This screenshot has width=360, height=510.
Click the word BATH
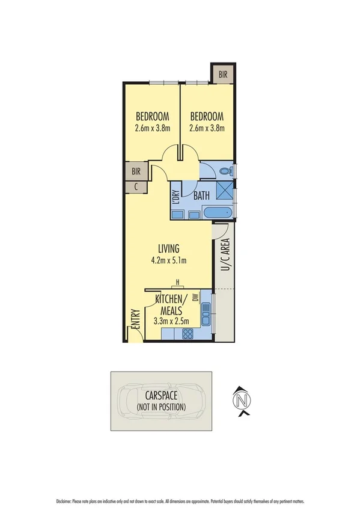click(202, 195)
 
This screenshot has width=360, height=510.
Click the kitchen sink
click(206, 311)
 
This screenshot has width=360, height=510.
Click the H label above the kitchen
click(178, 282)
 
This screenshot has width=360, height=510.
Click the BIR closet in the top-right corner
click(223, 74)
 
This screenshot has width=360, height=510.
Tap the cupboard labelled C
click(136, 186)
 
